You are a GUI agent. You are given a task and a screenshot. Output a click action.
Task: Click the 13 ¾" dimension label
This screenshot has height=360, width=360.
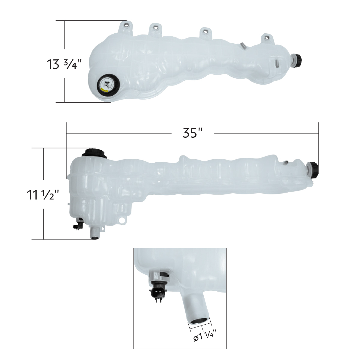coord(64,64)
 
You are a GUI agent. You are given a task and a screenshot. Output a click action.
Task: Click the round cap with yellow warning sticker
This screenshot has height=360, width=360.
coord(108,84)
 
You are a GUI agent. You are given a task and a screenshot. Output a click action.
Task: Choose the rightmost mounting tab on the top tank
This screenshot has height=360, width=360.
coord(266,38)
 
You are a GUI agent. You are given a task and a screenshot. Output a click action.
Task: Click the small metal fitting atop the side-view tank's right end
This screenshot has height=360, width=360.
coord(286,163)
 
